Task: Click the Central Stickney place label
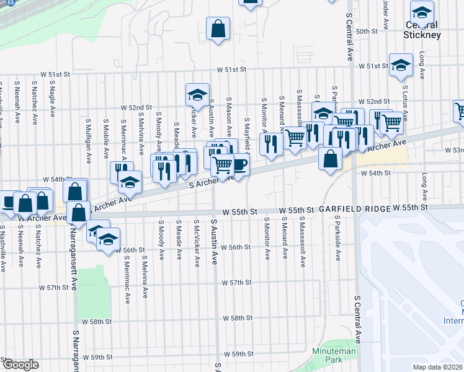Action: click(x=422, y=30)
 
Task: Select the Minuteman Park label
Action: click(x=342, y=355)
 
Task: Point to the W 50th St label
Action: click(x=367, y=31)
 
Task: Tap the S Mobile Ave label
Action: click(x=106, y=138)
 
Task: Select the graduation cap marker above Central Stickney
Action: click(x=422, y=12)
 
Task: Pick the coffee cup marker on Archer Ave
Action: click(x=240, y=164)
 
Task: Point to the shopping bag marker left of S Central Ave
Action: click(x=331, y=159)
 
